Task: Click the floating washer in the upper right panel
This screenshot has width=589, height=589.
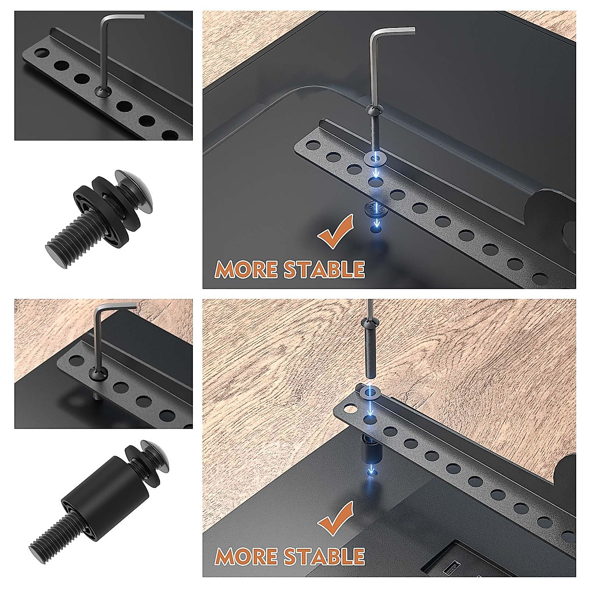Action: tap(375, 159)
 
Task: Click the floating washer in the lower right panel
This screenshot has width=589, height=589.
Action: tap(370, 392)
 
